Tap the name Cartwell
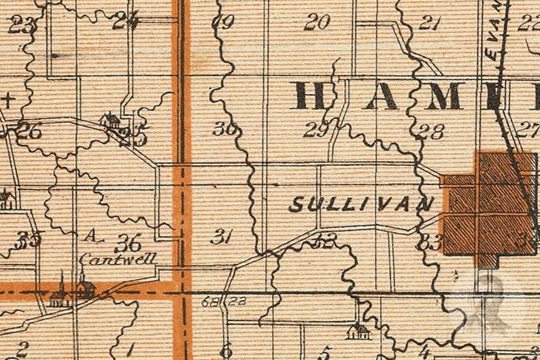118,259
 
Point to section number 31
222,236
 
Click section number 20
316,23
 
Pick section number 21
429,24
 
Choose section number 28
431,131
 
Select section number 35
29,240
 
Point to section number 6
226,349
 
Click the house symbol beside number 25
109,121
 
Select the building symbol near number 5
358,331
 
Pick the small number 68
209,300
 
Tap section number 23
21,27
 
